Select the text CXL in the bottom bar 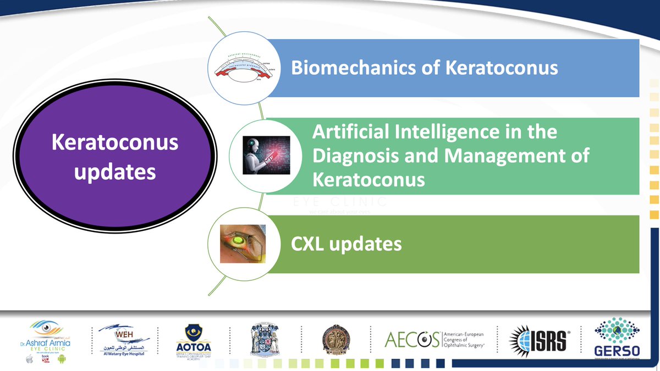point(309,243)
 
